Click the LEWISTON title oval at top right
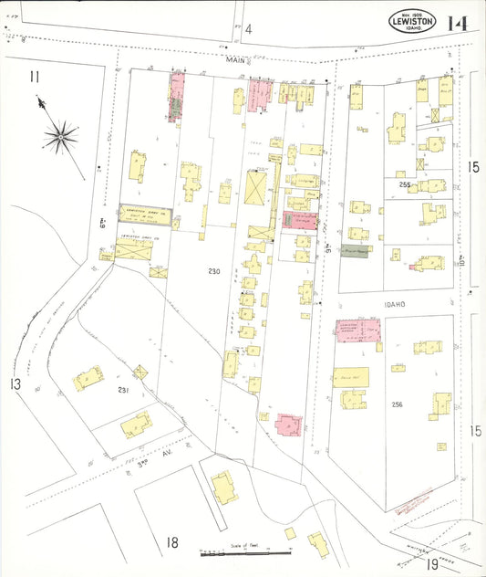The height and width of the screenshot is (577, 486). (x=412, y=21)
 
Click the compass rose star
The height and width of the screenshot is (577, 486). (x=61, y=137)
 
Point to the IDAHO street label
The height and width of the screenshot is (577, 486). (x=395, y=303)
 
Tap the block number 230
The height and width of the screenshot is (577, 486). (x=213, y=272)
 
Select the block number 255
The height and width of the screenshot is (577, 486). (x=405, y=184)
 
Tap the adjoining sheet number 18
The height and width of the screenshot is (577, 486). (x=171, y=543)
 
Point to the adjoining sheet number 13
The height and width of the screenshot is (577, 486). (x=15, y=383)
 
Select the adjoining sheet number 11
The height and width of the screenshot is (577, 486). (x=34, y=76)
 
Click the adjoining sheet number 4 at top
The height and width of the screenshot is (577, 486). (x=247, y=29)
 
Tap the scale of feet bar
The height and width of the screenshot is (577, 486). (x=244, y=552)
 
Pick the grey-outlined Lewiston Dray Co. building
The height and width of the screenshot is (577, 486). (x=147, y=211)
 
